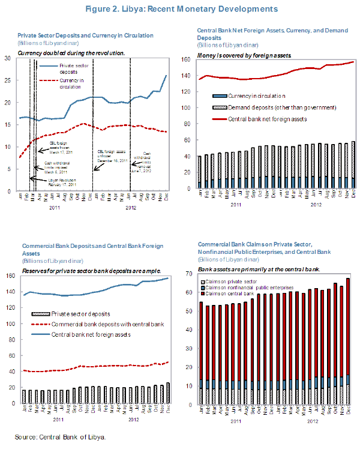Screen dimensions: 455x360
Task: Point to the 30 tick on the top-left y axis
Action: (x=8, y=58)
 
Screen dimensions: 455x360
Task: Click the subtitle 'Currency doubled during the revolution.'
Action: (x=71, y=53)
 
